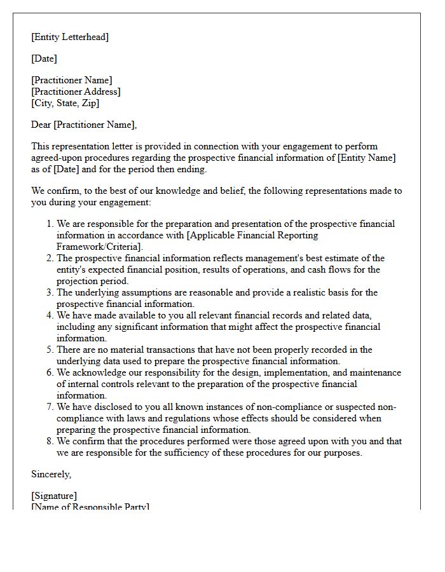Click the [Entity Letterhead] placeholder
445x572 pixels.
pyautogui.click(x=70, y=37)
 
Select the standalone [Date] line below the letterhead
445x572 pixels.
pyautogui.click(x=44, y=58)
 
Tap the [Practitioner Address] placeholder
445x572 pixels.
pyautogui.click(x=76, y=92)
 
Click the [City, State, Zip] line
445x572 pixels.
pyautogui.click(x=65, y=103)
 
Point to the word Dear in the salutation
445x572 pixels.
pyautogui.click(x=41, y=125)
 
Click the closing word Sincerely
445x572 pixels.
pyautogui.click(x=51, y=474)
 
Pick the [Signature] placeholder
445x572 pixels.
pyautogui.click(x=54, y=496)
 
